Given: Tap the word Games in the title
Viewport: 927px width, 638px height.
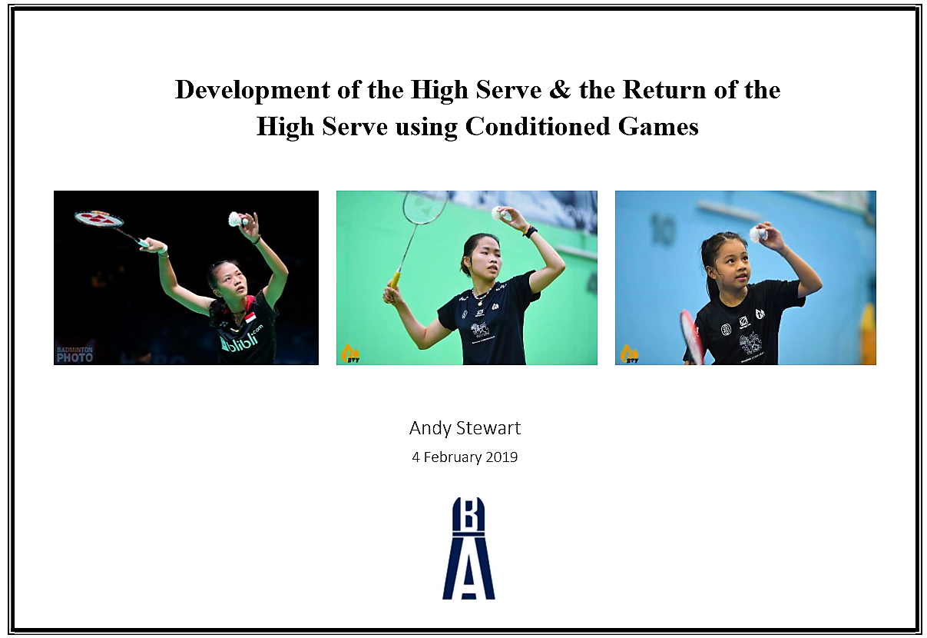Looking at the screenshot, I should point(663,125).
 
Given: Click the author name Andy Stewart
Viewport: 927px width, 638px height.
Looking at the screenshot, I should point(465,428).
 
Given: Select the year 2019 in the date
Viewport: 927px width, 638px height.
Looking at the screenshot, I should point(502,457).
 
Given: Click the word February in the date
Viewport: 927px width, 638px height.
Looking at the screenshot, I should point(454,457).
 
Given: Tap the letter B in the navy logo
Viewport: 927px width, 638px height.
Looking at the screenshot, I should point(468,516).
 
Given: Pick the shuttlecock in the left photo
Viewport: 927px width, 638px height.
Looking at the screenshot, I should point(237,220).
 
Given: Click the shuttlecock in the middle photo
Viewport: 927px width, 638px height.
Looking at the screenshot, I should point(501,214).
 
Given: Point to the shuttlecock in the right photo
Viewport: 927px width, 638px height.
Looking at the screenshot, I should point(758,234).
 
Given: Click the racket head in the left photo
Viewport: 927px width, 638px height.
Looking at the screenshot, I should point(99,219).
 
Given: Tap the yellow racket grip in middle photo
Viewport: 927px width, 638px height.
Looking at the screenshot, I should point(395,278).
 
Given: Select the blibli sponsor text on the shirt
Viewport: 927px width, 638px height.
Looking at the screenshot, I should point(240,340).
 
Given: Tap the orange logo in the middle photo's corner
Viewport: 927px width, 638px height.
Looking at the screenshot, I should point(350,354).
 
